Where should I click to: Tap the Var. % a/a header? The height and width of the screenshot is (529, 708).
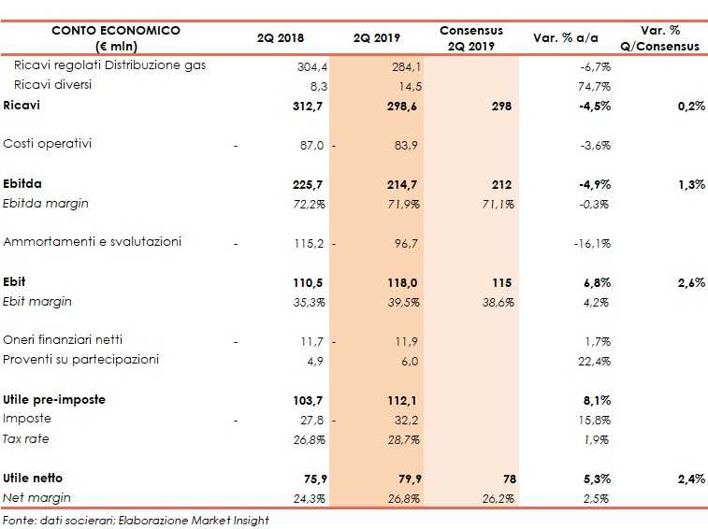(565, 38)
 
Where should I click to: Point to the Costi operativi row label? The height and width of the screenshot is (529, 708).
(46, 144)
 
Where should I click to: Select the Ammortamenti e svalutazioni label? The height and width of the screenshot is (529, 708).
(93, 241)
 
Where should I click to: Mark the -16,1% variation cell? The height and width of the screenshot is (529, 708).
(592, 243)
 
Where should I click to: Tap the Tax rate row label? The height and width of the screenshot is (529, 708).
(26, 438)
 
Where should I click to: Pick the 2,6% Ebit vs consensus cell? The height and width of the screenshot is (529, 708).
(689, 282)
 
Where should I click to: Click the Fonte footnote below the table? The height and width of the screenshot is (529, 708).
(135, 520)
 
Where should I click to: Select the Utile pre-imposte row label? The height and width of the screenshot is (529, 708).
(54, 399)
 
